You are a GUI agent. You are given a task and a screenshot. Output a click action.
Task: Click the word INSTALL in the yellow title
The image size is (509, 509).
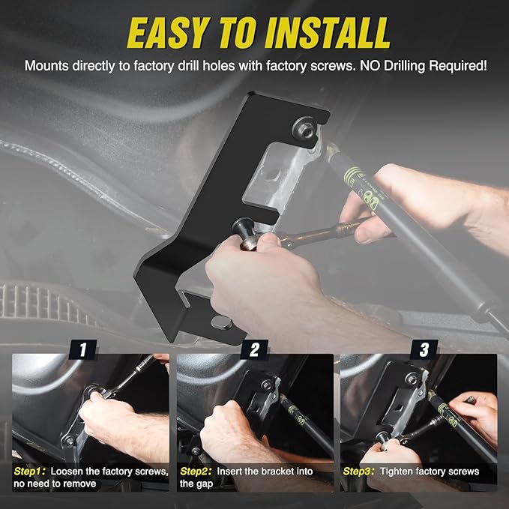(328, 32)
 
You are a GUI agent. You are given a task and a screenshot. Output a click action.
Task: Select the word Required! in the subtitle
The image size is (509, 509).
(458, 66)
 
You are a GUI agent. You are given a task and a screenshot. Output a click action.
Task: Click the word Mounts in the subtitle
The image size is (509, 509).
(46, 66)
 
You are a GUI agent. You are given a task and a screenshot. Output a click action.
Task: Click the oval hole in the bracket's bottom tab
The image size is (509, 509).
(221, 322)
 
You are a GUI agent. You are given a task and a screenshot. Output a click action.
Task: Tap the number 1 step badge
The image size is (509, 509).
(82, 349)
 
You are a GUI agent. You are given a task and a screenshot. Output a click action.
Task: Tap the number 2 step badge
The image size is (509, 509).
(254, 349)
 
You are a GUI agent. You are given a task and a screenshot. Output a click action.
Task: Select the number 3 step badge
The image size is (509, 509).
(424, 349)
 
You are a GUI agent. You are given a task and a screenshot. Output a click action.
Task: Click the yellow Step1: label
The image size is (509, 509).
(29, 472)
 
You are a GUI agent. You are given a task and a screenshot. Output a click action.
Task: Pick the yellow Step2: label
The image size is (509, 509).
(196, 472)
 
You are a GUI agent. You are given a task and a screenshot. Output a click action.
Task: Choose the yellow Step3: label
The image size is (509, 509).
(359, 472)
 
